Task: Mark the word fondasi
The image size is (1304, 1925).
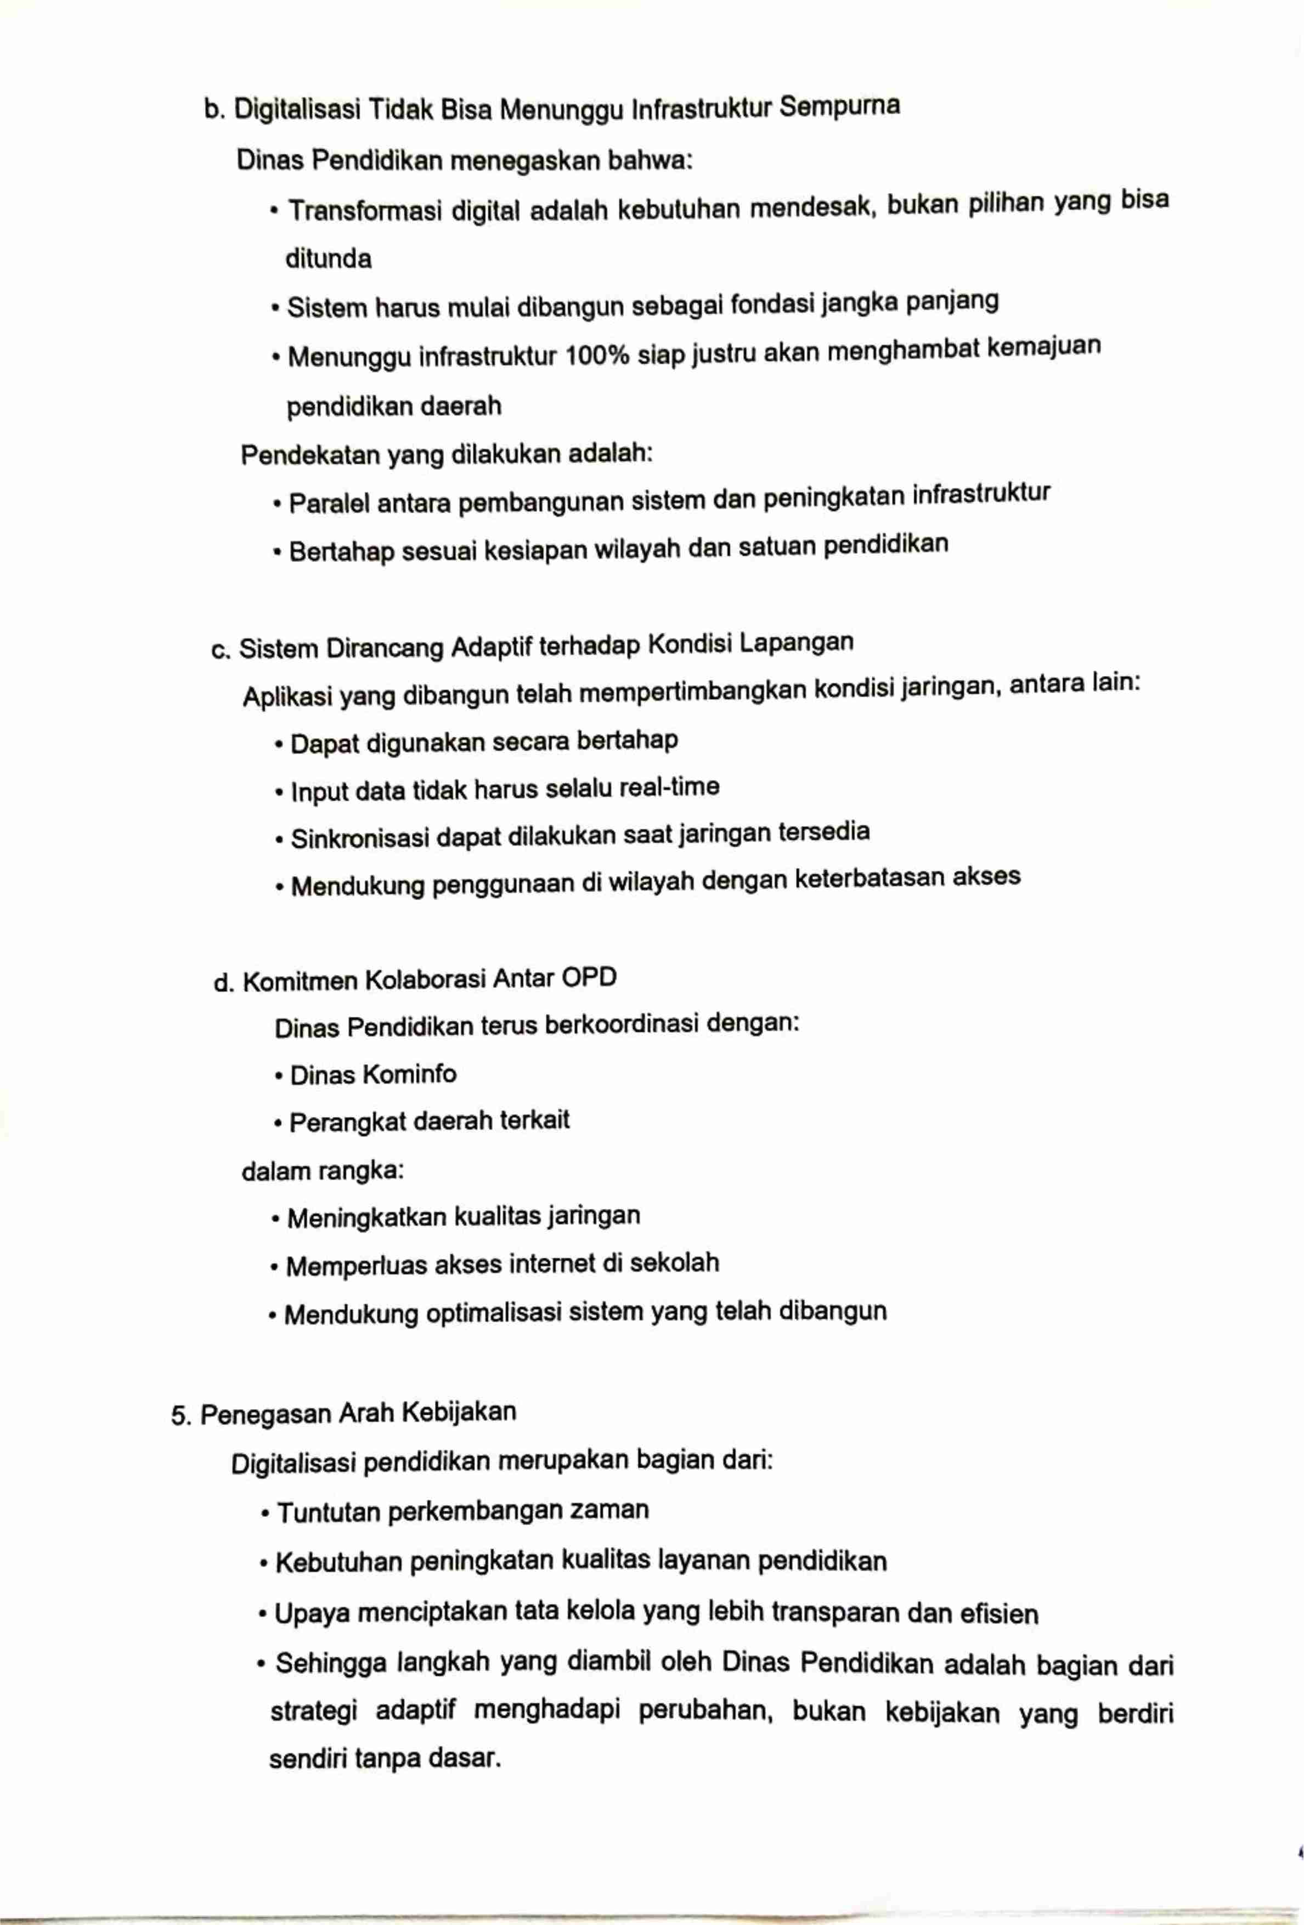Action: (x=766, y=305)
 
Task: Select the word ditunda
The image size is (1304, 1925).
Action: (x=328, y=259)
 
